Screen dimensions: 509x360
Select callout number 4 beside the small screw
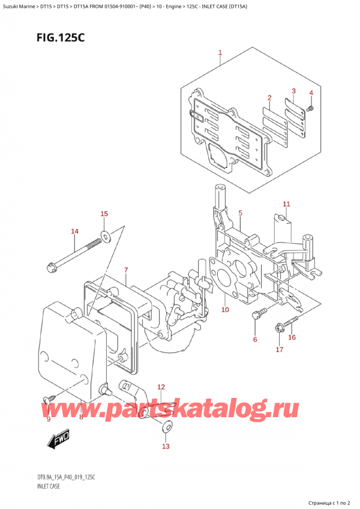pyautogui.click(x=311, y=93)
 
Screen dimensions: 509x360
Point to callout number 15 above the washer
pyautogui.click(x=104, y=214)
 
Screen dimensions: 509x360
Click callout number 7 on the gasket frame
pyautogui.click(x=126, y=270)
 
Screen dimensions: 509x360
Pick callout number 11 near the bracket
pyautogui.click(x=286, y=204)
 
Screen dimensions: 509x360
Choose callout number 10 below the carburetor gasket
pyautogui.click(x=225, y=310)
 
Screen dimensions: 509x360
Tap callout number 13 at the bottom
pyautogui.click(x=166, y=446)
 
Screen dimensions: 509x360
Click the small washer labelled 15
pyautogui.click(x=106, y=236)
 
